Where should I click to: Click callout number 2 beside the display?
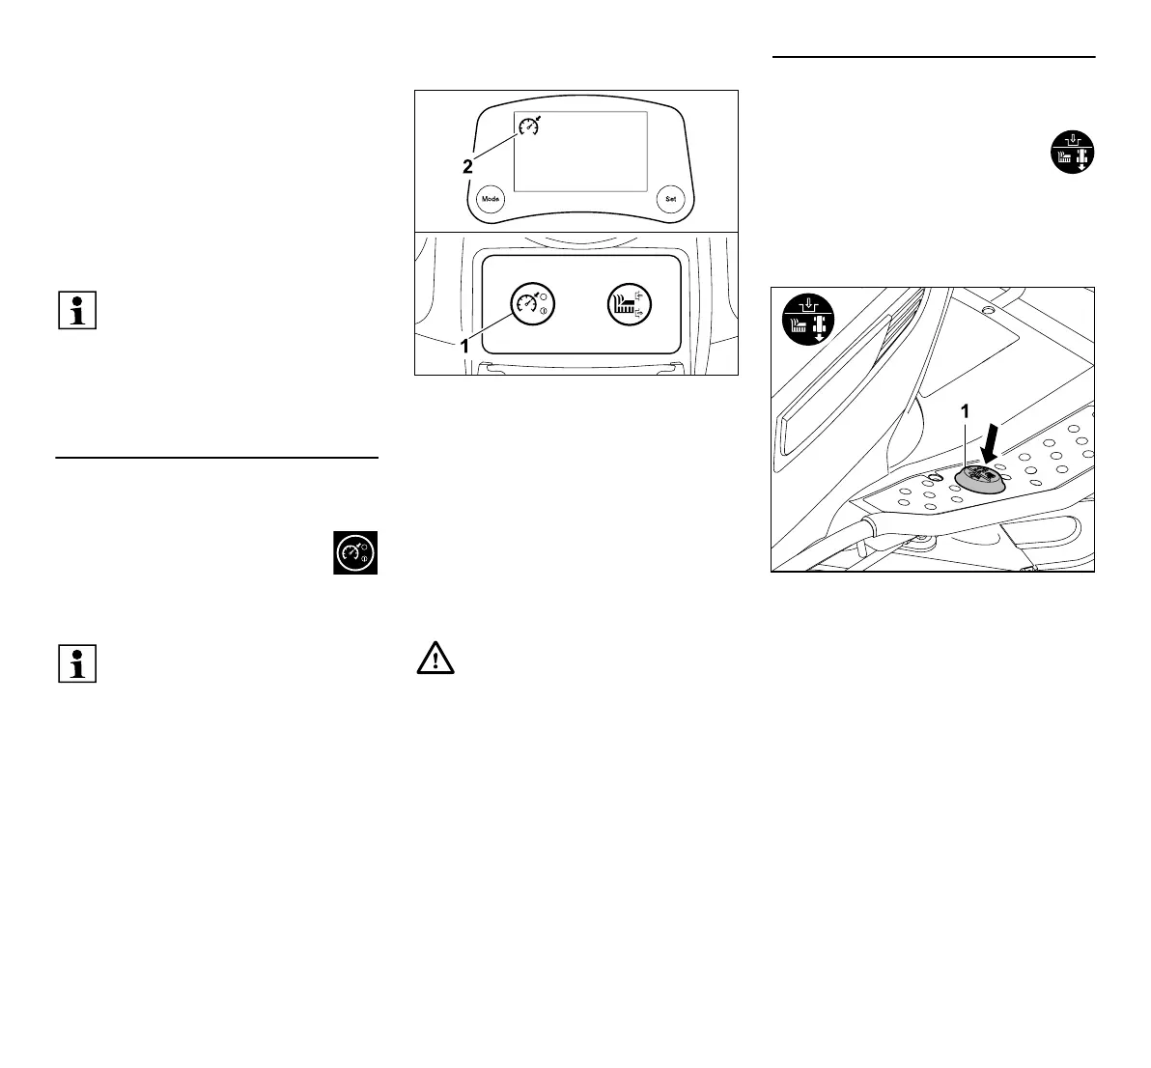point(467,167)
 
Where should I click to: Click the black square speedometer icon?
point(355,552)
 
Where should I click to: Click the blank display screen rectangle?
point(579,151)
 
